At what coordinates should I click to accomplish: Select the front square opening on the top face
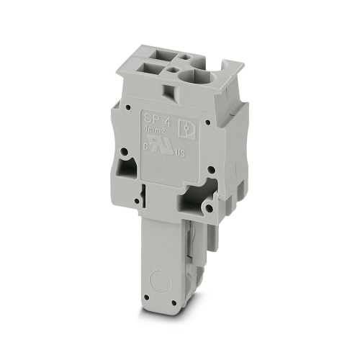click(155, 71)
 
